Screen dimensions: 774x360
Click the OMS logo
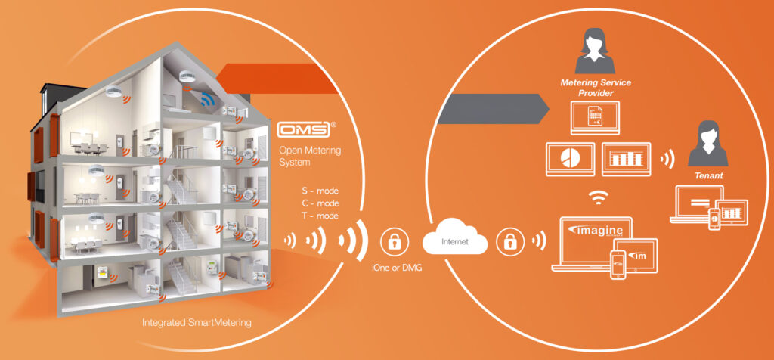tap(304, 130)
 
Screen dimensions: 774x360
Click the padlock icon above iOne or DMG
tap(393, 242)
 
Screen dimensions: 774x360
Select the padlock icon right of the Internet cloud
tap(509, 242)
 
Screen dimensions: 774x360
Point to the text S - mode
tap(320, 191)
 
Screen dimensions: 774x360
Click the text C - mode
tap(320, 203)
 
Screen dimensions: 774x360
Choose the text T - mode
tap(320, 216)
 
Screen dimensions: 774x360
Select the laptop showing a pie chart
tap(571, 159)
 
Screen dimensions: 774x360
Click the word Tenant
tap(709, 175)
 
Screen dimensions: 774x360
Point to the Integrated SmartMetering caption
tap(197, 323)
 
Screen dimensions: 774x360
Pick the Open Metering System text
tap(310, 156)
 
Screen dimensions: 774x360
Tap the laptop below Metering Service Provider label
tap(594, 118)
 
